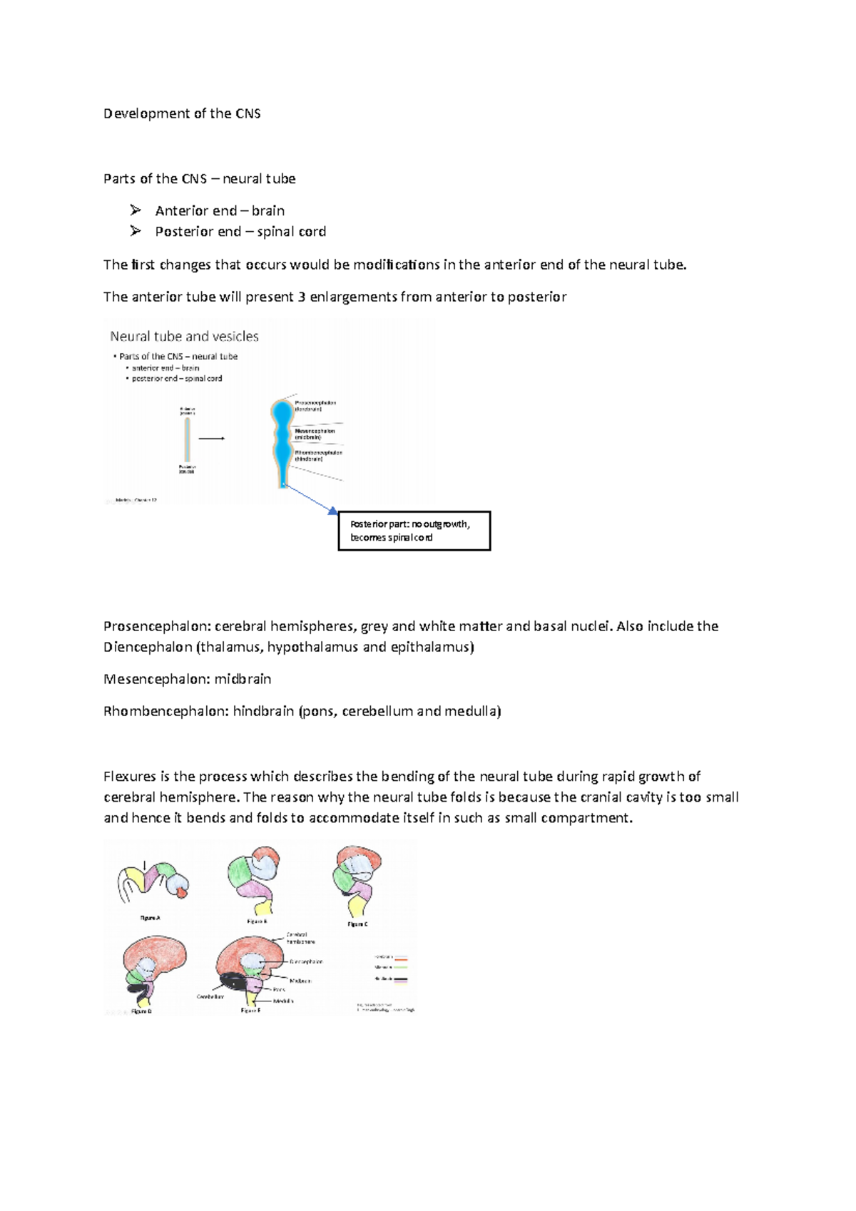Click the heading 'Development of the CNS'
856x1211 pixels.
tap(182, 113)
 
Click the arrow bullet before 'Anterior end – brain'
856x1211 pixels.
tap(136, 210)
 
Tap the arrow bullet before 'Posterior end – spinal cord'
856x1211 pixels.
tap(136, 231)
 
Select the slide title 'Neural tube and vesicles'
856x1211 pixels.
tap(184, 336)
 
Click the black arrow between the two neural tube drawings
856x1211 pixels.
tap(212, 439)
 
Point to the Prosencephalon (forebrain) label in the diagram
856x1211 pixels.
tap(315, 406)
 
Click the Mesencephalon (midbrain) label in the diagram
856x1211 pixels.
tap(315, 434)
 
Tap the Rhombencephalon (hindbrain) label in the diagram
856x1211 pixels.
tap(318, 456)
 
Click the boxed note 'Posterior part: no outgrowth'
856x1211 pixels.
tap(414, 531)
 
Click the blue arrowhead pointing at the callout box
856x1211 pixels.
tap(332, 510)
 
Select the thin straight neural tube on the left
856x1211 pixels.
tap(187, 440)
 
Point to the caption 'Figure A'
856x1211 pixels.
tap(150, 918)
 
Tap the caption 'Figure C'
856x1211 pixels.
tap(357, 924)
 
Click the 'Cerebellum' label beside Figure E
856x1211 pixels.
tap(210, 996)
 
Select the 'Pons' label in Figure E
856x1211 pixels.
tap(279, 989)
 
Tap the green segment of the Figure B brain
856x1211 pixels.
tap(239, 872)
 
